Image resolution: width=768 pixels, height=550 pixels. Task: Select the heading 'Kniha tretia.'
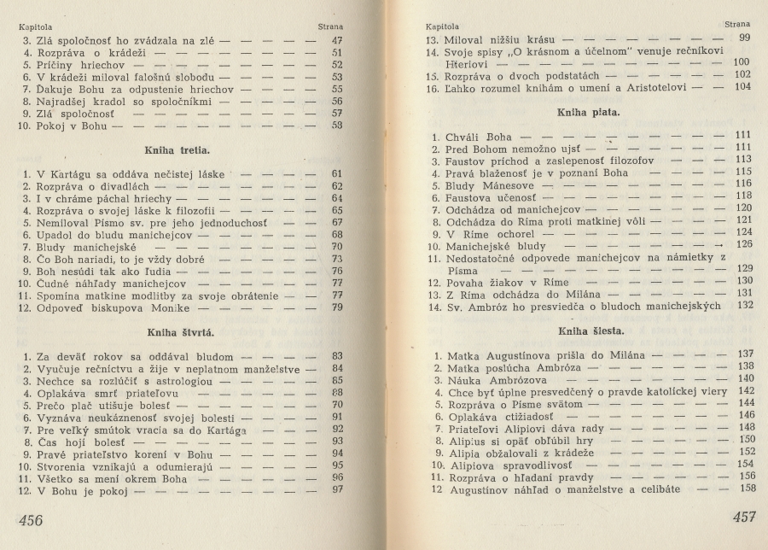[178, 149]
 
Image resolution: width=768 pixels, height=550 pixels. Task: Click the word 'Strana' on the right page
[737, 25]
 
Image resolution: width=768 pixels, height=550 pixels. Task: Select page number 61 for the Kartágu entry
[336, 173]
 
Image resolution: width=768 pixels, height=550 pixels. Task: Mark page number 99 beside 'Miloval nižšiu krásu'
[745, 38]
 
